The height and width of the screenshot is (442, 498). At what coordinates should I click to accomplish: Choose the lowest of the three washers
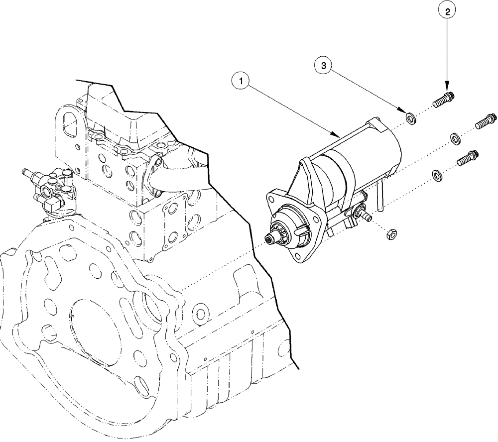[x=437, y=174]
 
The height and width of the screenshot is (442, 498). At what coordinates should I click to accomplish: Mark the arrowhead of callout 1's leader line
[x=339, y=135]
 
